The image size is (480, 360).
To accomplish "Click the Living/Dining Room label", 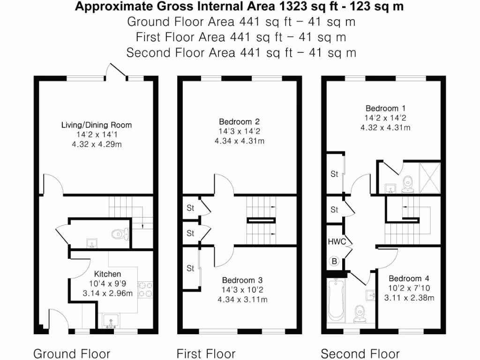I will [x=97, y=125].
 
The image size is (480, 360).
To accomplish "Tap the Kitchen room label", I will [x=107, y=274].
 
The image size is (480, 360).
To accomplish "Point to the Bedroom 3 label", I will [x=242, y=280].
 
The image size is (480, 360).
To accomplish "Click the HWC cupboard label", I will [x=337, y=242].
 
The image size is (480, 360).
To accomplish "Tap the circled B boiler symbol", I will [x=334, y=262].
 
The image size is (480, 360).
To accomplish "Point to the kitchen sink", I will [x=111, y=322].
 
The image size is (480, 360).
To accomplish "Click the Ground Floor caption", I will [x=72, y=353].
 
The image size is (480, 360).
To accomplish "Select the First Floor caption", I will [x=206, y=353].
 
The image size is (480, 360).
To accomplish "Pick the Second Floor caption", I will [x=360, y=353].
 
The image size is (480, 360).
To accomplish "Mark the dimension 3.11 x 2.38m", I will [x=409, y=297].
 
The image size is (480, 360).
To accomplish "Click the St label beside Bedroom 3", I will [x=190, y=269].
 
